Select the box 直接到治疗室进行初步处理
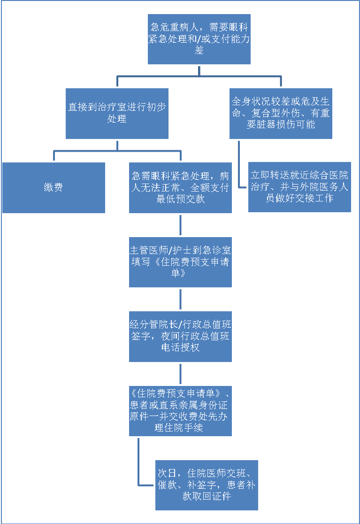pos(117,113)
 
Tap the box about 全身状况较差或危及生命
pos(281,113)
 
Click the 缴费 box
pos(54,188)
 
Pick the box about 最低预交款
pos(181,188)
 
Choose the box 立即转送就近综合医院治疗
pos(299,186)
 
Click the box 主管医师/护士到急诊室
pos(181,262)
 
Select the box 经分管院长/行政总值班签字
pos(181,336)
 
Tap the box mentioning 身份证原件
pos(181,410)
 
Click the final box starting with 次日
pos(207,485)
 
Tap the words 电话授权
pos(181,347)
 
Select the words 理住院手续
pos(181,428)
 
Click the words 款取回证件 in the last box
pos(207,496)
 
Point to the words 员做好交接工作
pos(299,198)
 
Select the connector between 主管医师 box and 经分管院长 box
pos(181,299)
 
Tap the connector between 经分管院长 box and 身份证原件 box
pos(181,373)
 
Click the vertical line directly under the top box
pos(199,70)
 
